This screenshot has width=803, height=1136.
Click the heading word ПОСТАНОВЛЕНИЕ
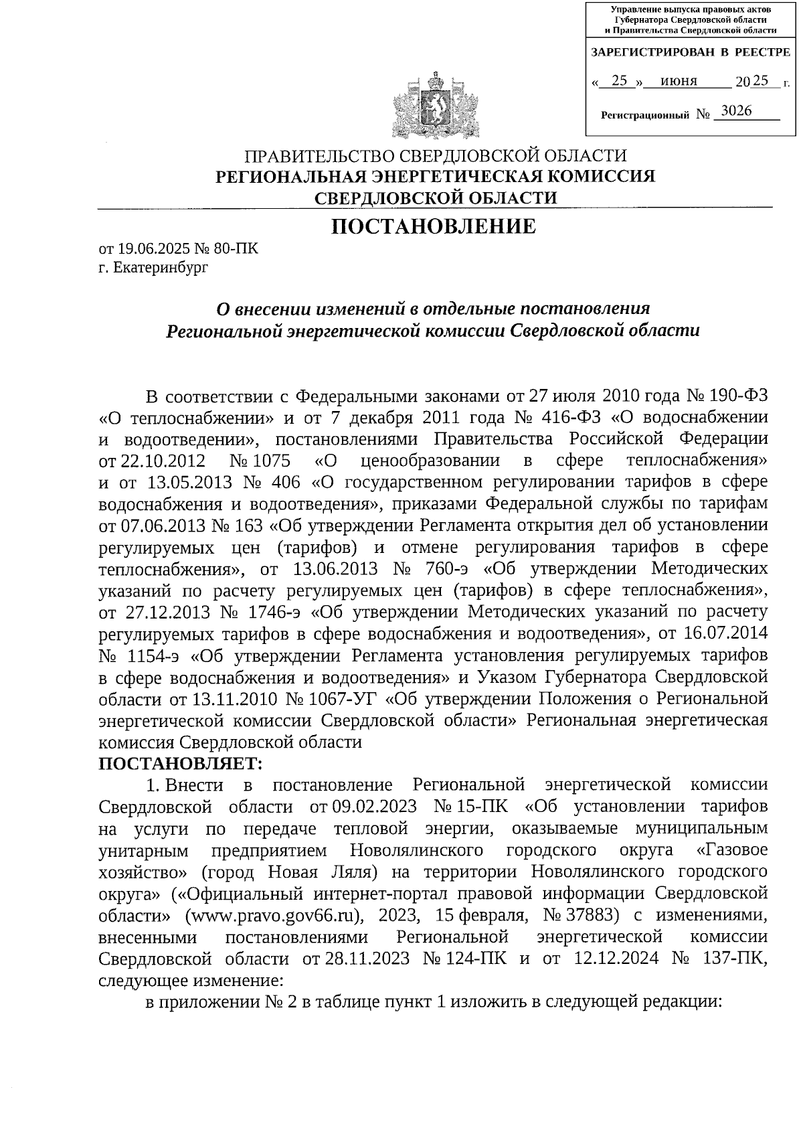coord(434,226)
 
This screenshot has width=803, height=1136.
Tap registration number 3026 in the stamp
coord(736,111)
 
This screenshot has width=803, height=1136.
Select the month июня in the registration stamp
coord(679,82)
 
